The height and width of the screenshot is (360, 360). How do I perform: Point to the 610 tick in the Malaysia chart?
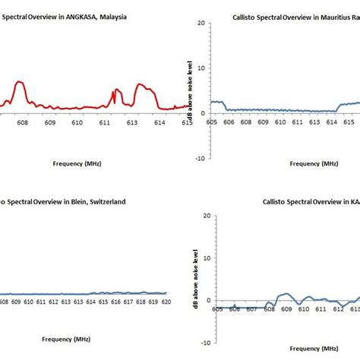[x=77, y=122]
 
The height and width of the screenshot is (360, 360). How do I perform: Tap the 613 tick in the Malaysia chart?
[x=131, y=122]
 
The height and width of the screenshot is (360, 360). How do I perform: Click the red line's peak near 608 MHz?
[x=20, y=82]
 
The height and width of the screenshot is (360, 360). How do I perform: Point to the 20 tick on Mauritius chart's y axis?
[x=202, y=23]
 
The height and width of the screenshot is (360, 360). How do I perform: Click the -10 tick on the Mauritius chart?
[x=200, y=158]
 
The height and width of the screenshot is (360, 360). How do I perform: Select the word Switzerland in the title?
[x=103, y=202]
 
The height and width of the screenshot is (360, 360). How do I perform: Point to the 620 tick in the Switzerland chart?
[x=166, y=302]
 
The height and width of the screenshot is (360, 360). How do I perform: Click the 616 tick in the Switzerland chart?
[x=114, y=302]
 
